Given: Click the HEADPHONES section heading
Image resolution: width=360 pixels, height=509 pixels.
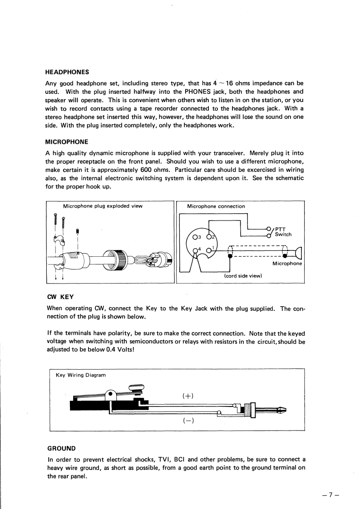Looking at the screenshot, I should [x=67, y=72].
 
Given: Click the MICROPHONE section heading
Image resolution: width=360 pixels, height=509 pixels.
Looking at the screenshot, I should [x=67, y=142].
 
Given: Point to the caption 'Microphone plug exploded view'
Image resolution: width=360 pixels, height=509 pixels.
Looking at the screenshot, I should [x=103, y=206].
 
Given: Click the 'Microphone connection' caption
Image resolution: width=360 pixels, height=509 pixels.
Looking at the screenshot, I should [x=216, y=206].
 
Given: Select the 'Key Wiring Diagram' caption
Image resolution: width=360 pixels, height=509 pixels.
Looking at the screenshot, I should [x=80, y=375].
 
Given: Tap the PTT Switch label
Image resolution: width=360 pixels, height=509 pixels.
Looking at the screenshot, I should [x=283, y=231].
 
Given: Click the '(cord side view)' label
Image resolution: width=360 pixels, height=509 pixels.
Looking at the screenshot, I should [x=242, y=275].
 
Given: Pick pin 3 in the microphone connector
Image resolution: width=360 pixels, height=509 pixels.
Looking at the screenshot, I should [x=196, y=236].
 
